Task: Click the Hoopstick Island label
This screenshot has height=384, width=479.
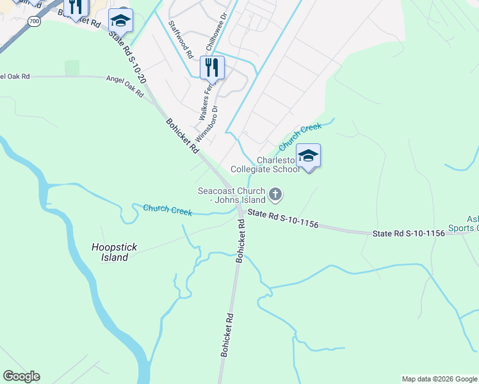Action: (x=110, y=252)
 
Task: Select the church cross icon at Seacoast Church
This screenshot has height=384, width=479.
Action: (x=275, y=193)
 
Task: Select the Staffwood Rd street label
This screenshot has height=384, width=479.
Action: (x=181, y=40)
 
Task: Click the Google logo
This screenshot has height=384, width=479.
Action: (x=21, y=376)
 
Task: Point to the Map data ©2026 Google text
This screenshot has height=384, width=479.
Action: (x=439, y=379)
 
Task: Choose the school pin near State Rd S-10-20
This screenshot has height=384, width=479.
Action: (x=120, y=21)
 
